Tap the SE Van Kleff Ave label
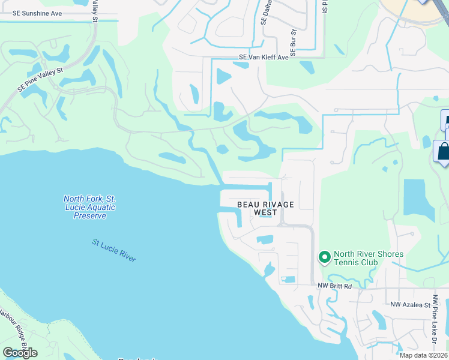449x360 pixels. click(x=264, y=58)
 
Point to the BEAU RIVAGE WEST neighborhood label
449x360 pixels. click(x=265, y=208)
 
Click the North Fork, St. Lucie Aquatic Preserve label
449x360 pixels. click(x=89, y=207)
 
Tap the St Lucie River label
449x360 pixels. click(x=114, y=250)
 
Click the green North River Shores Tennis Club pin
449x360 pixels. click(x=325, y=258)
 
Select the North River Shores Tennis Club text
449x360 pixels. click(x=368, y=258)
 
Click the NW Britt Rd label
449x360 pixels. click(x=334, y=286)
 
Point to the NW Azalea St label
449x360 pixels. click(x=411, y=305)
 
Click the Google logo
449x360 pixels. click(x=20, y=352)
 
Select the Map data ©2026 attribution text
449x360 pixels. click(x=423, y=355)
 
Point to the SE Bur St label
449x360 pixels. click(x=294, y=39)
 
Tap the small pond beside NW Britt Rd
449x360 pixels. click(x=288, y=280)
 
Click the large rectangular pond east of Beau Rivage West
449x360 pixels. click(x=419, y=200)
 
